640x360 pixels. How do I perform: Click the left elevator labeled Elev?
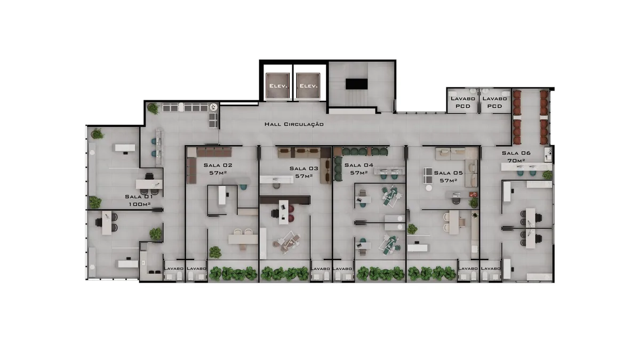[x=278, y=86]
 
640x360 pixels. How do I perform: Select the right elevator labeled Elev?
[x=308, y=86]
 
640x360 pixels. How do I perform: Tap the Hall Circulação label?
[x=294, y=124]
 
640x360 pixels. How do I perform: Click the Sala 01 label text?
[x=139, y=197]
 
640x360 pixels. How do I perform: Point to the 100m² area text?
[x=139, y=204]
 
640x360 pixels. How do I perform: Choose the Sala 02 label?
[x=218, y=165]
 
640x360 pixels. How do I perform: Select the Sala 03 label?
[x=303, y=169]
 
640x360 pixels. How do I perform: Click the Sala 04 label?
[x=359, y=165]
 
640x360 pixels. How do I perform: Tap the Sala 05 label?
[x=449, y=173]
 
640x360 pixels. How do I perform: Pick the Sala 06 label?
[x=516, y=153]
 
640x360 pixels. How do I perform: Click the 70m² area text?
[x=516, y=161]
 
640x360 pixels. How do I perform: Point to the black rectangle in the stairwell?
[x=357, y=84]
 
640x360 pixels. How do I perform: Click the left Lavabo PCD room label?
[x=463, y=102]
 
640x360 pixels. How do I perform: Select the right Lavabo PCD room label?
[x=494, y=102]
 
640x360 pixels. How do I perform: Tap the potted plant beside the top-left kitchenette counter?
[x=153, y=108]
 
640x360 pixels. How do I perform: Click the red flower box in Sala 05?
[x=473, y=195]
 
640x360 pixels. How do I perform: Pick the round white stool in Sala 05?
[x=429, y=188]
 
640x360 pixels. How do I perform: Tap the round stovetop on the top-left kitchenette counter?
[x=213, y=107]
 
